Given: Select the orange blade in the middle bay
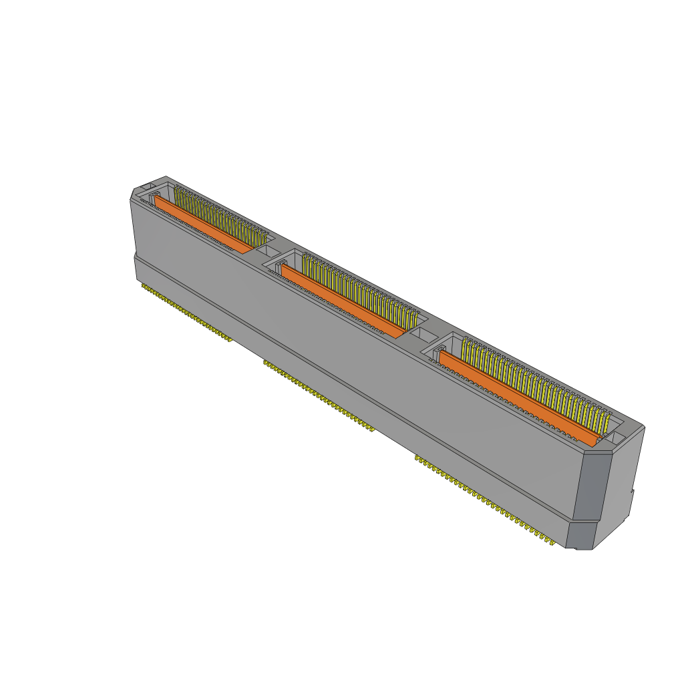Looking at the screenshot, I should point(341,299).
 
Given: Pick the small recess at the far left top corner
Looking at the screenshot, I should point(148,187).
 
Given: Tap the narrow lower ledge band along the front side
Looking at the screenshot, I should point(334,374).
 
